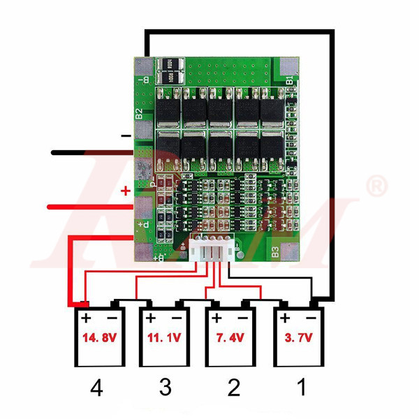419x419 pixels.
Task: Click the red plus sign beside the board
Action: pyautogui.click(x=126, y=191)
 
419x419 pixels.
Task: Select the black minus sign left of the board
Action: pyautogui.click(x=126, y=135)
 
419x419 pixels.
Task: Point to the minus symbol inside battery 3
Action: pyautogui.click(x=177, y=318)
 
